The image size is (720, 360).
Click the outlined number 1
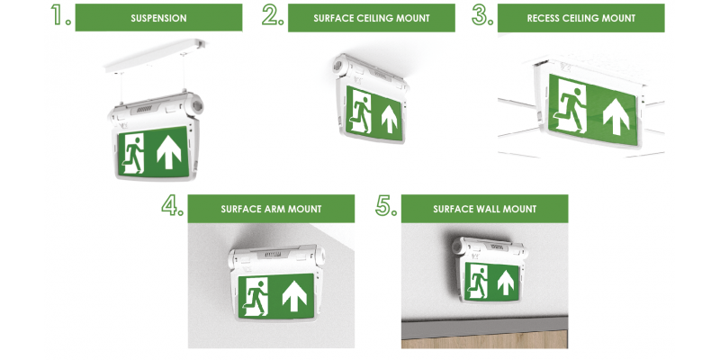coord(60,15)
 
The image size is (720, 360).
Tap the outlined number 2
coord(273,15)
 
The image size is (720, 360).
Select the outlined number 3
coord(482,15)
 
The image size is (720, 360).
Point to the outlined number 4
coord(172,205)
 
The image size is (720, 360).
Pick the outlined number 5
coord(386,205)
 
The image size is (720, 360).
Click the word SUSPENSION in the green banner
coord(158,18)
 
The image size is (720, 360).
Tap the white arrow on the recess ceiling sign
coord(616,117)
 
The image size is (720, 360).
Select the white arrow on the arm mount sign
coord(294,295)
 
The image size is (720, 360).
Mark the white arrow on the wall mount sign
coord(506,282)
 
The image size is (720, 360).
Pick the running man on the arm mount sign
coord(256,297)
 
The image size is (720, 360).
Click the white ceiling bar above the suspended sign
coord(155,56)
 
